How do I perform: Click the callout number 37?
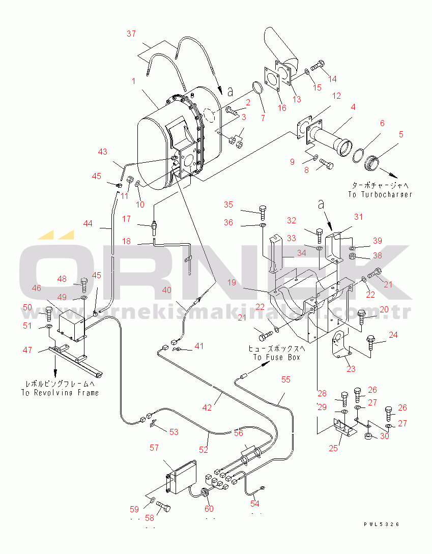(131, 34)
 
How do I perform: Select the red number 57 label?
(154, 448)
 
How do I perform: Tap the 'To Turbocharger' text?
(380, 194)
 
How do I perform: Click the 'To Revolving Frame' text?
(60, 393)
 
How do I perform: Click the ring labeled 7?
(258, 88)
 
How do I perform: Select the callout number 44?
(88, 223)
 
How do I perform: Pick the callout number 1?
(133, 81)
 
